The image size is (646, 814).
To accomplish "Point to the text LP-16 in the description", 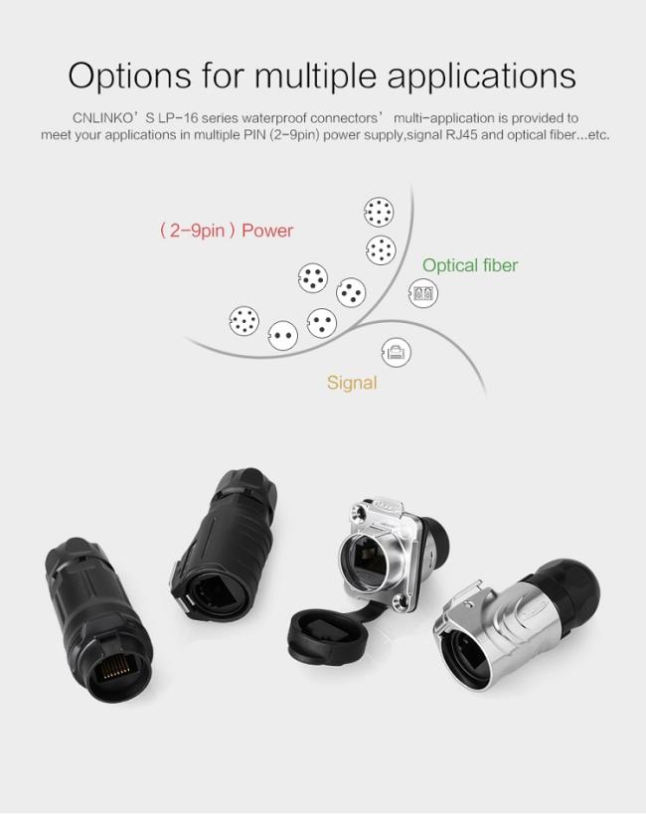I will tap(171, 117).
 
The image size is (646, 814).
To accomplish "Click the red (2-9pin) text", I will tap(197, 231).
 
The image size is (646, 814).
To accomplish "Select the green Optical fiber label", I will tap(469, 265).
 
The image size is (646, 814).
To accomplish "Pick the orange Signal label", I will tap(352, 383).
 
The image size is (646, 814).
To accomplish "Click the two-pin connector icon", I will tap(284, 336).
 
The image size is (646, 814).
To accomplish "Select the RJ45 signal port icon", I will tap(397, 351).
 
